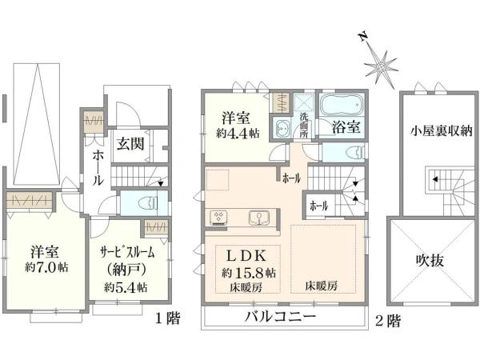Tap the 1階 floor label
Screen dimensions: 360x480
pyautogui.click(x=167, y=318)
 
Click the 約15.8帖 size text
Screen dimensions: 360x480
pyautogui.click(x=250, y=273)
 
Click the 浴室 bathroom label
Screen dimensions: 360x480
pyautogui.click(x=346, y=126)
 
